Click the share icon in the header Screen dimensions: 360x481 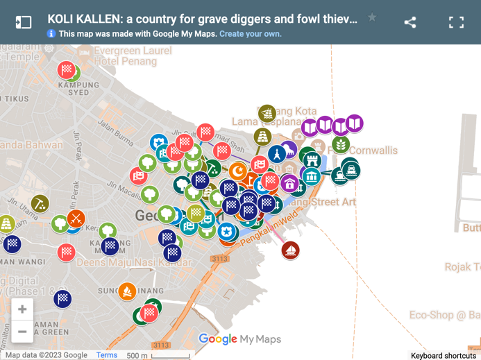coord(410,22)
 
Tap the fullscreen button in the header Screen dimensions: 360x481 coord(456,22)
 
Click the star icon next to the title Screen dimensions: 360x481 coord(372,18)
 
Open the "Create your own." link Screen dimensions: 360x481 coord(251,33)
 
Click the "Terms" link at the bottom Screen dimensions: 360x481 coord(107,355)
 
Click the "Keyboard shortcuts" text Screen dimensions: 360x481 coord(443,355)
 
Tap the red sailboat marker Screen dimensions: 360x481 coord(291,250)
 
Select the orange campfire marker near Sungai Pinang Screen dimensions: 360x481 coord(127,291)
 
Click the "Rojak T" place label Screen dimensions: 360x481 coord(462,267)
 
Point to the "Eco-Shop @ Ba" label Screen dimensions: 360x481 coord(444,316)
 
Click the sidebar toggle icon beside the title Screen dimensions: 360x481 coord(24,22)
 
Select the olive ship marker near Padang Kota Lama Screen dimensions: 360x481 coord(267,112)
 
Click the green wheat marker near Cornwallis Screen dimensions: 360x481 coord(340,144)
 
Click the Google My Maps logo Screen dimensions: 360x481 coord(239,339)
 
